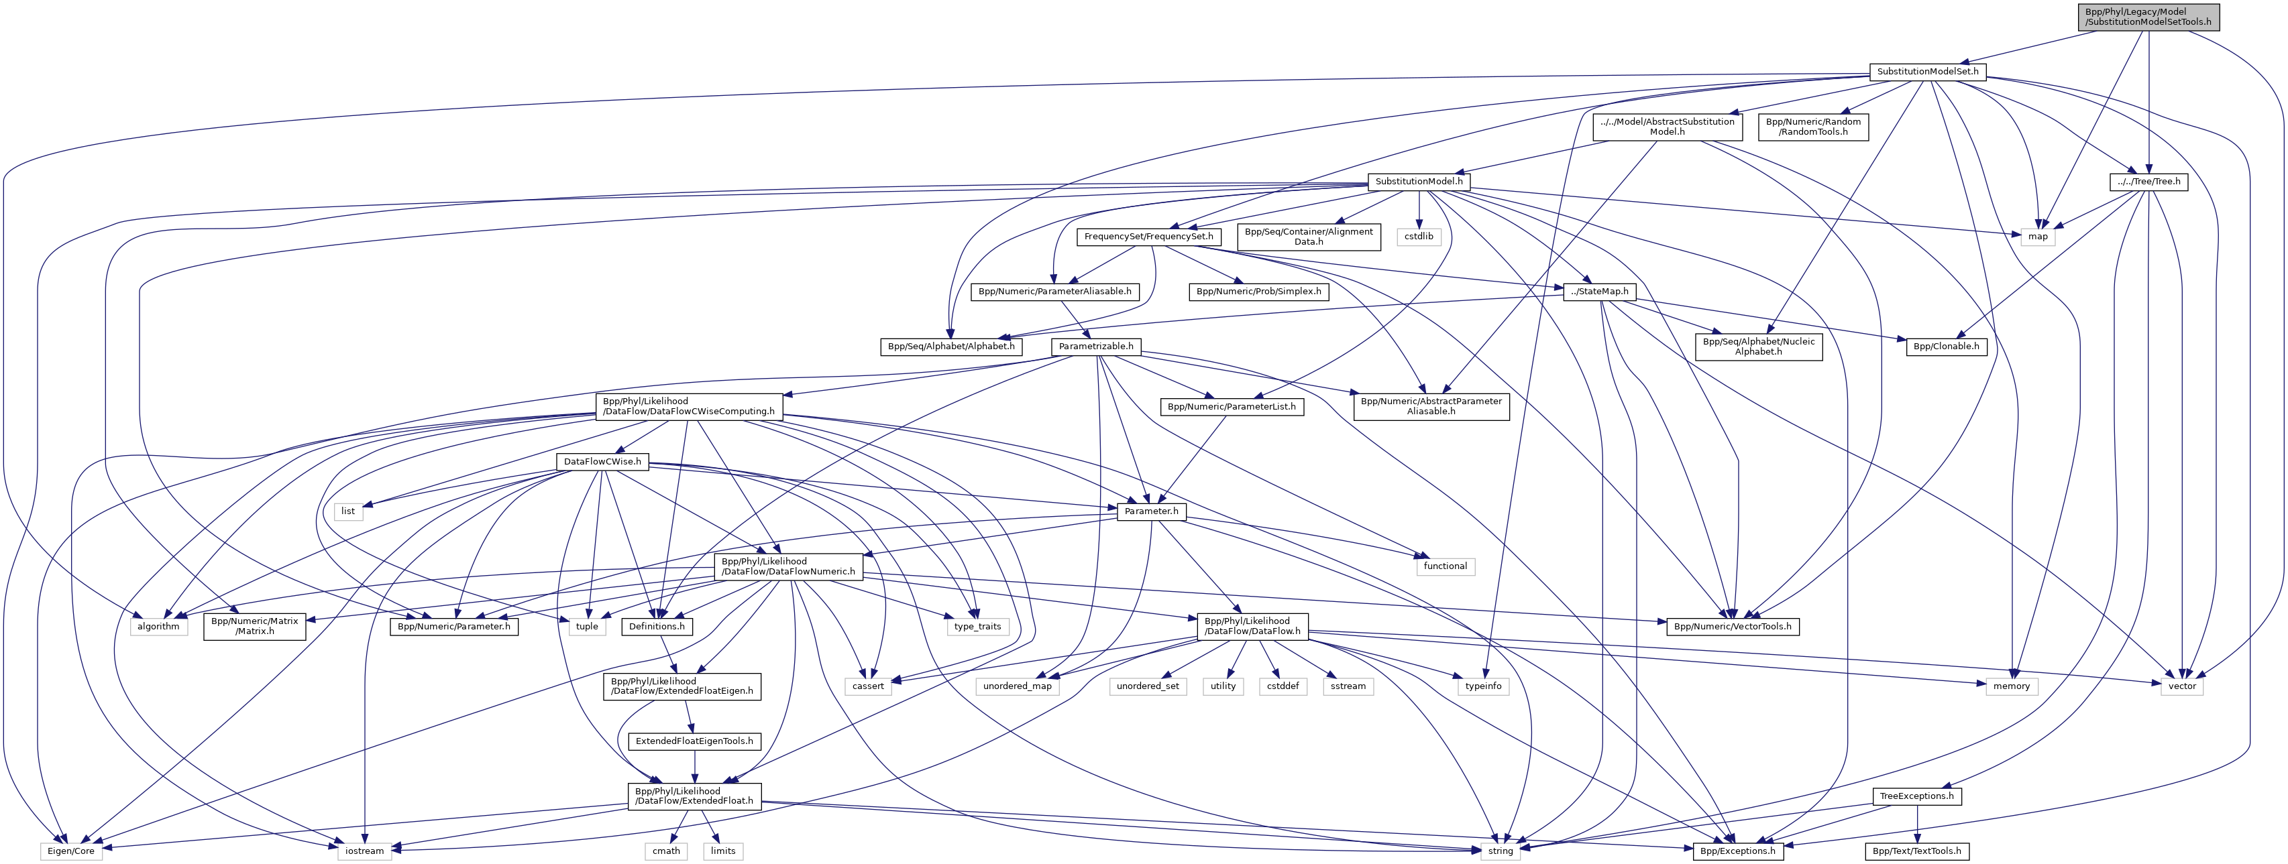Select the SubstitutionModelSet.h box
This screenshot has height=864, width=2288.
tap(1924, 71)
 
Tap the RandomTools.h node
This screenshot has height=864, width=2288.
tap(1813, 126)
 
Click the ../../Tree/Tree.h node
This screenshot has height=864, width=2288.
tap(2148, 181)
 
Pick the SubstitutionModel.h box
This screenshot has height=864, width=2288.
tap(1419, 181)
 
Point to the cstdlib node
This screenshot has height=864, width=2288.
tap(1419, 236)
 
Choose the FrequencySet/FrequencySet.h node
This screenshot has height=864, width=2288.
tap(1148, 236)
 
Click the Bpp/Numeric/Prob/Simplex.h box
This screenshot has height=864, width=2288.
tap(1258, 292)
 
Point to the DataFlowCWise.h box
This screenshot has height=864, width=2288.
tap(602, 462)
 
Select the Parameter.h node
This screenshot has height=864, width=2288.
tap(1151, 511)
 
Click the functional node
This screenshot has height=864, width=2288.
tap(1445, 566)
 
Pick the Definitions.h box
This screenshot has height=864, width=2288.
tap(657, 626)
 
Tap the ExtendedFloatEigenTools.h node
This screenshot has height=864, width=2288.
tap(694, 741)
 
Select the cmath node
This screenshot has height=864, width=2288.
tap(666, 851)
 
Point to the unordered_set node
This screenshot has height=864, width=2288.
tap(1148, 686)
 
